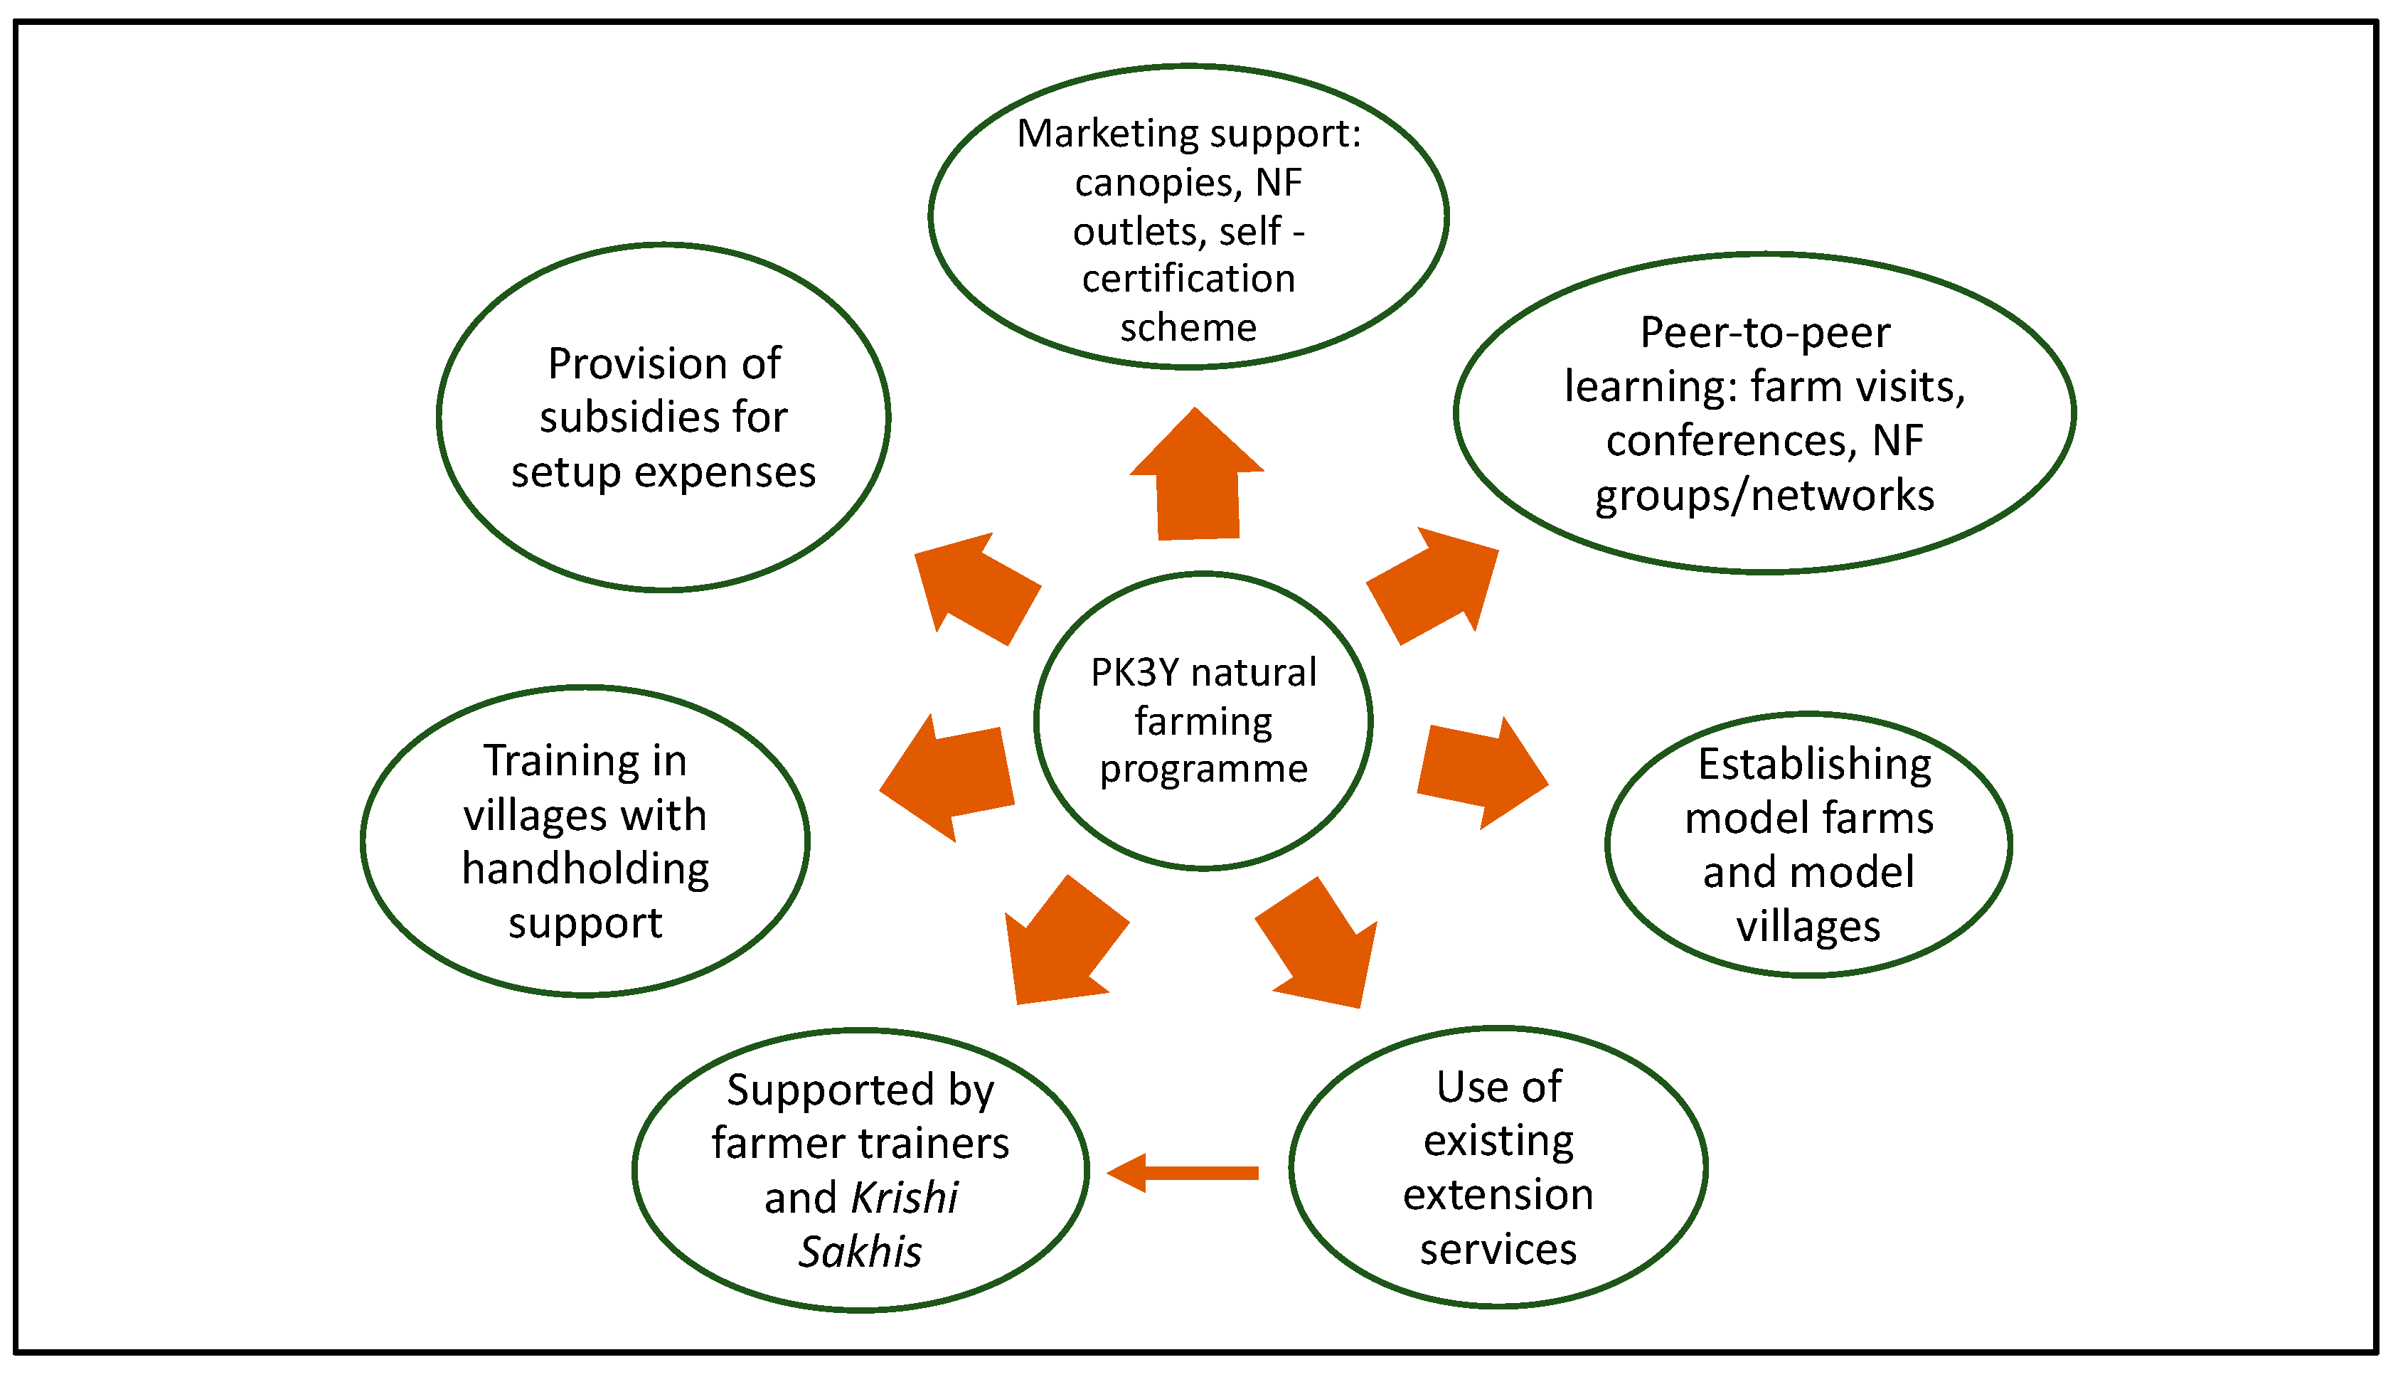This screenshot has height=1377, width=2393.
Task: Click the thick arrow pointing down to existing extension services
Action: (1320, 947)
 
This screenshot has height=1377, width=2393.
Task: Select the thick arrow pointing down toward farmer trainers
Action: (1064, 946)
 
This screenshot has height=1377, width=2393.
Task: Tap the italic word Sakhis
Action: (860, 1252)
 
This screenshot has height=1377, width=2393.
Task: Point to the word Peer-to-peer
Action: (1764, 333)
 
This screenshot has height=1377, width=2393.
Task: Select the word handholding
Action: (585, 868)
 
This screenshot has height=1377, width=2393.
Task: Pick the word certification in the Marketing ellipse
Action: (1188, 279)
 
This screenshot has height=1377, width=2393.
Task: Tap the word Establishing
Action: (1814, 764)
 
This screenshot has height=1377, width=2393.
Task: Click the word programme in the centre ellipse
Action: (1203, 770)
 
